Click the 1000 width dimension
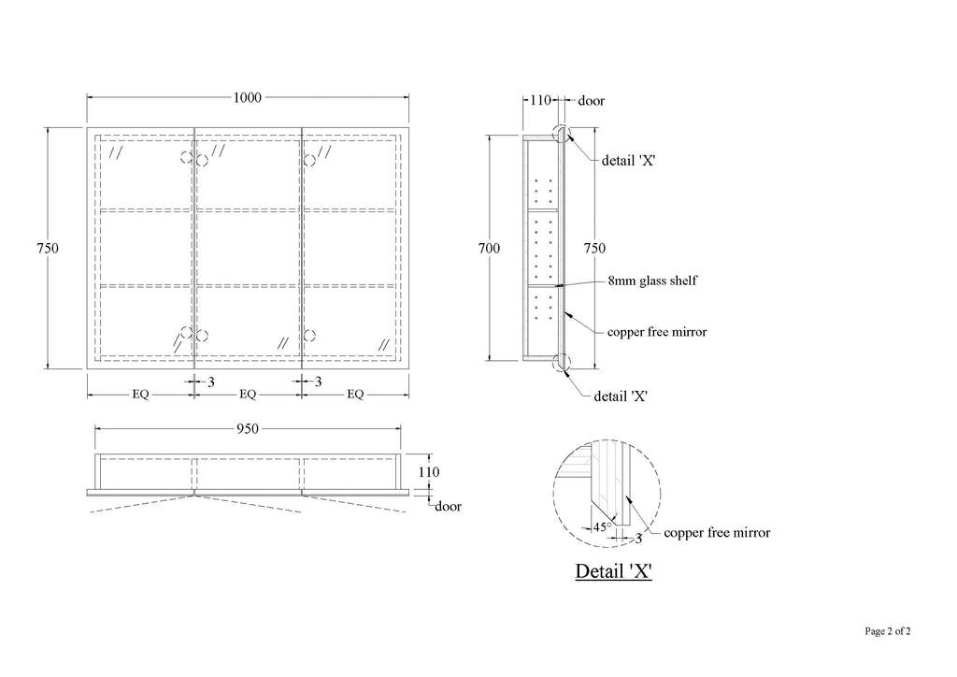coord(247,97)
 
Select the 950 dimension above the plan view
coord(247,429)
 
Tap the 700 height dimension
coord(489,249)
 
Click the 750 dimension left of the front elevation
coord(48,249)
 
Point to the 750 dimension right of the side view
coord(594,249)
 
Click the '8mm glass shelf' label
coord(652,281)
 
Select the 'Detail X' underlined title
coord(613,571)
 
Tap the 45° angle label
coord(603,526)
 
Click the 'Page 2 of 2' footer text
coord(888,631)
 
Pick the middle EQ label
coord(247,395)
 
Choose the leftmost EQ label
coord(140,395)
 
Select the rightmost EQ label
coord(355,395)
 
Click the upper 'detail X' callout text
coord(629,161)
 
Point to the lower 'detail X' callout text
coord(621,396)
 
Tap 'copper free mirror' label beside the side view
coord(657,332)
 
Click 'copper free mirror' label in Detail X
coord(717,533)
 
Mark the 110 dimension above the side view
coord(540,100)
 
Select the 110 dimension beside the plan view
coord(428,472)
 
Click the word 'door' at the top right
coord(592,101)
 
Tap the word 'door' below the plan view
coord(448,507)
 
